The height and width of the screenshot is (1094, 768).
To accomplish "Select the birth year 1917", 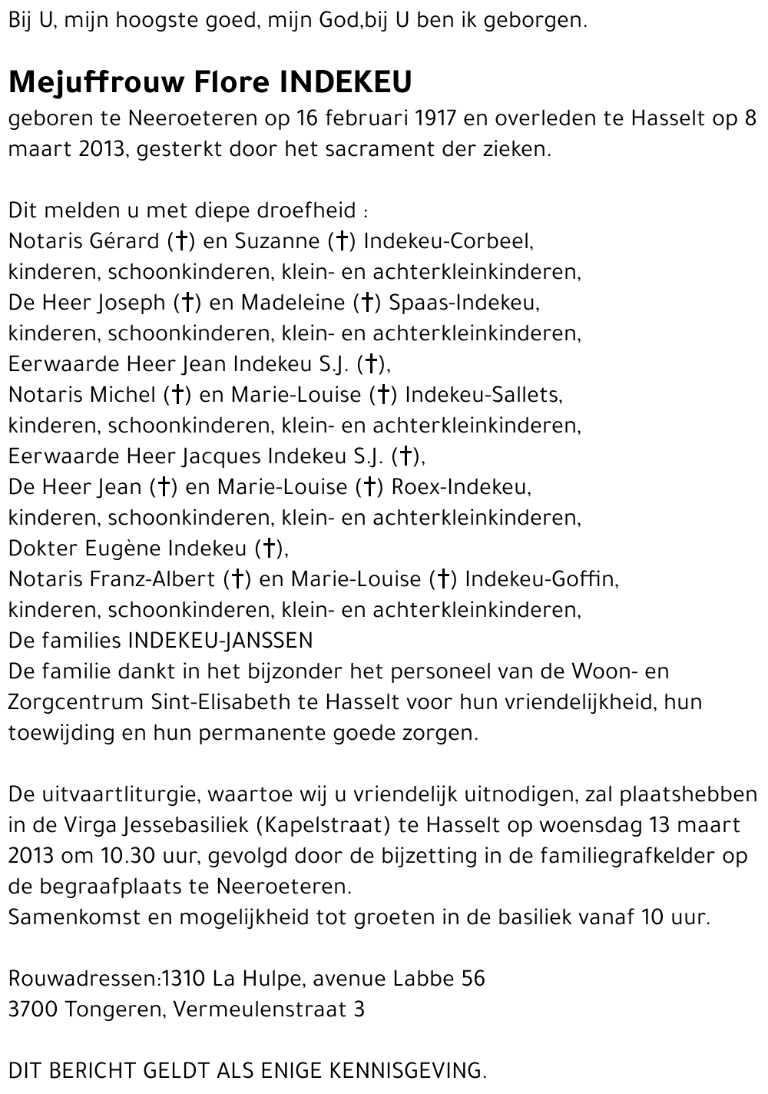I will (435, 118).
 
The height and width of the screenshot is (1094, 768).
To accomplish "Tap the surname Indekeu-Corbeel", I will (448, 241).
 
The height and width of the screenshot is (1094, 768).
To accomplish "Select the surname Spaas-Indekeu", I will (464, 303).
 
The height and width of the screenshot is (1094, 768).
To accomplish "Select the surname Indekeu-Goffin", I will (541, 579).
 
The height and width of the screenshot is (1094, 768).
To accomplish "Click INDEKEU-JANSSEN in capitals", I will (220, 641).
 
